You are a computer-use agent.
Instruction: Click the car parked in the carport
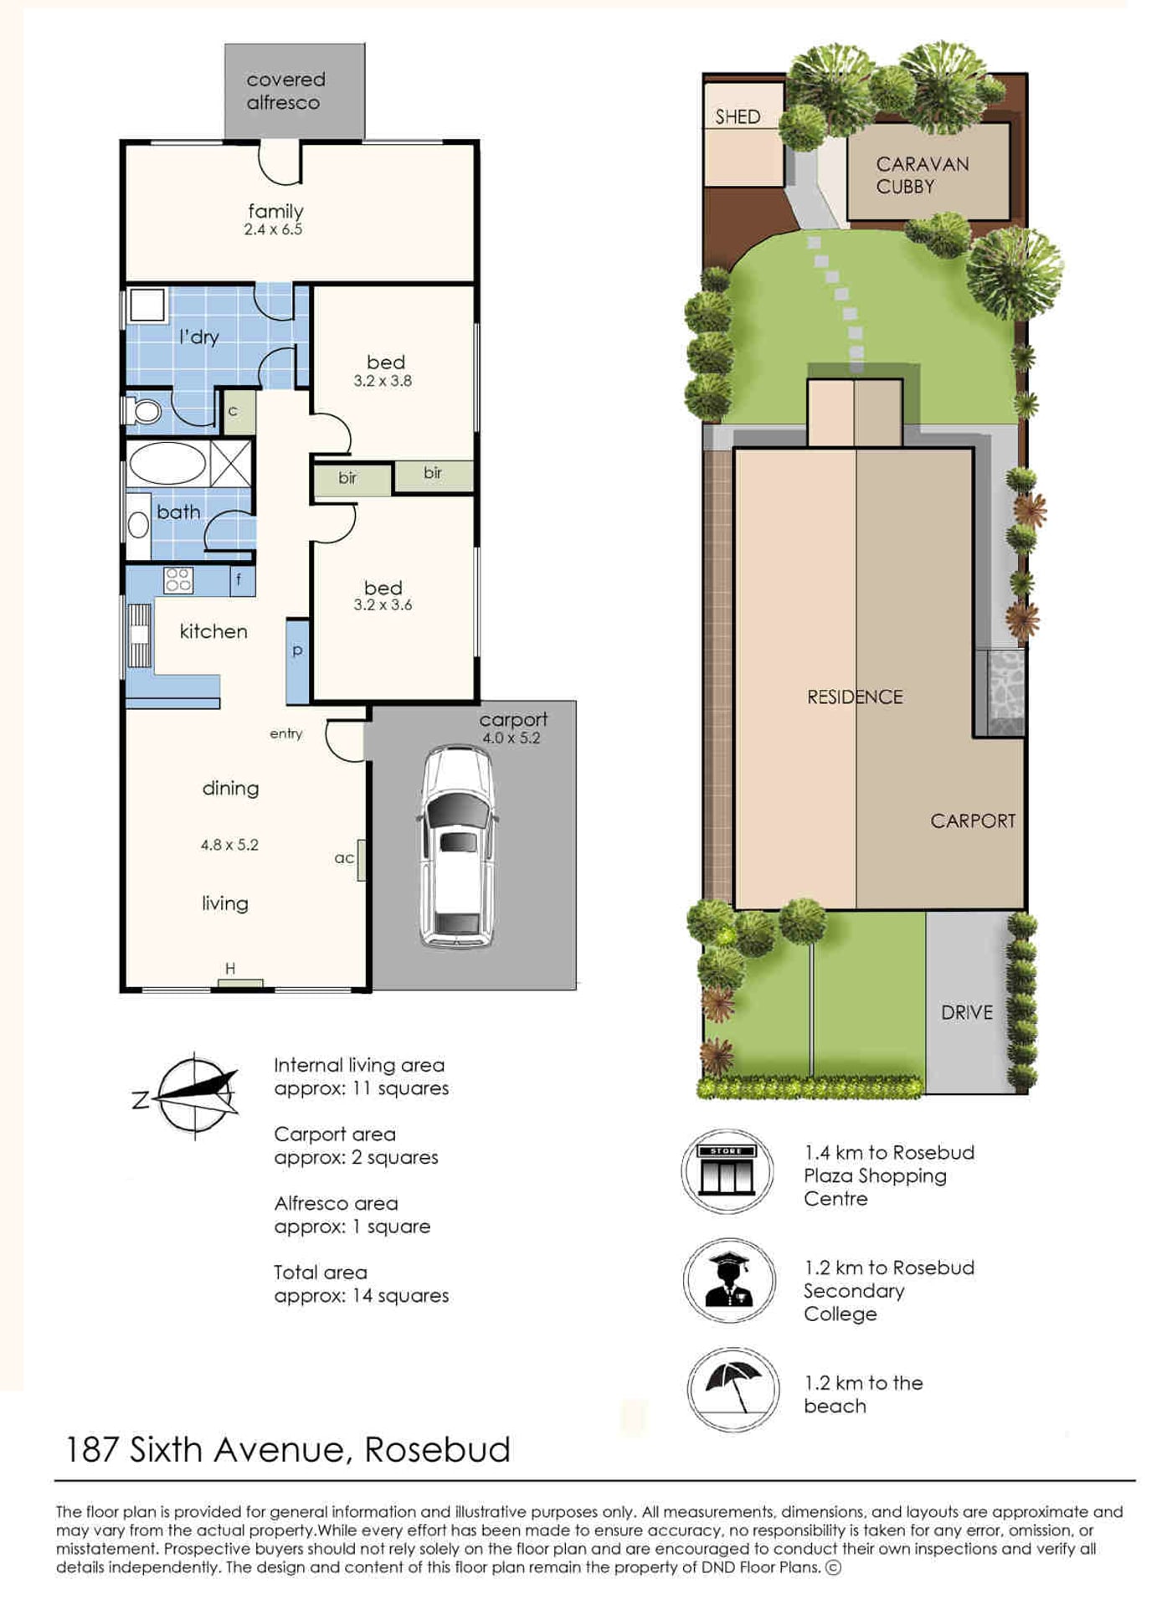(x=457, y=847)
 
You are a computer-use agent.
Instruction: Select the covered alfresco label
(x=285, y=91)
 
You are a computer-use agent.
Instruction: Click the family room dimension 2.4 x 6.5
(x=273, y=229)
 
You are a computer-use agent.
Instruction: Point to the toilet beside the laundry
(x=143, y=411)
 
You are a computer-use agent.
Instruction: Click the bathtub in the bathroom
(x=167, y=463)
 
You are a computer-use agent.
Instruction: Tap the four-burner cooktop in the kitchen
(x=178, y=579)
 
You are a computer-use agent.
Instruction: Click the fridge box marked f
(x=242, y=579)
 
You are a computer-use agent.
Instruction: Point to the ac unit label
(x=344, y=858)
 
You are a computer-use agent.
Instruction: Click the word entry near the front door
(x=286, y=734)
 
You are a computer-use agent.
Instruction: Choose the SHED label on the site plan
(x=738, y=117)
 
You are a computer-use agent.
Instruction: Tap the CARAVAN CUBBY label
(x=923, y=175)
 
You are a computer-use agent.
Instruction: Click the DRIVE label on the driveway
(x=967, y=1012)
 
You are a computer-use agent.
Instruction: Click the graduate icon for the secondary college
(x=730, y=1281)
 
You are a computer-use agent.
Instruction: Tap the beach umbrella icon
(x=732, y=1390)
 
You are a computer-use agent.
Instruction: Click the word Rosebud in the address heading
(x=437, y=1450)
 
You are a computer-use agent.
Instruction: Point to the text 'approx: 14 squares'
(x=361, y=1296)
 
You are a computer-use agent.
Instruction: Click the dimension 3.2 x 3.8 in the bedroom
(x=383, y=381)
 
